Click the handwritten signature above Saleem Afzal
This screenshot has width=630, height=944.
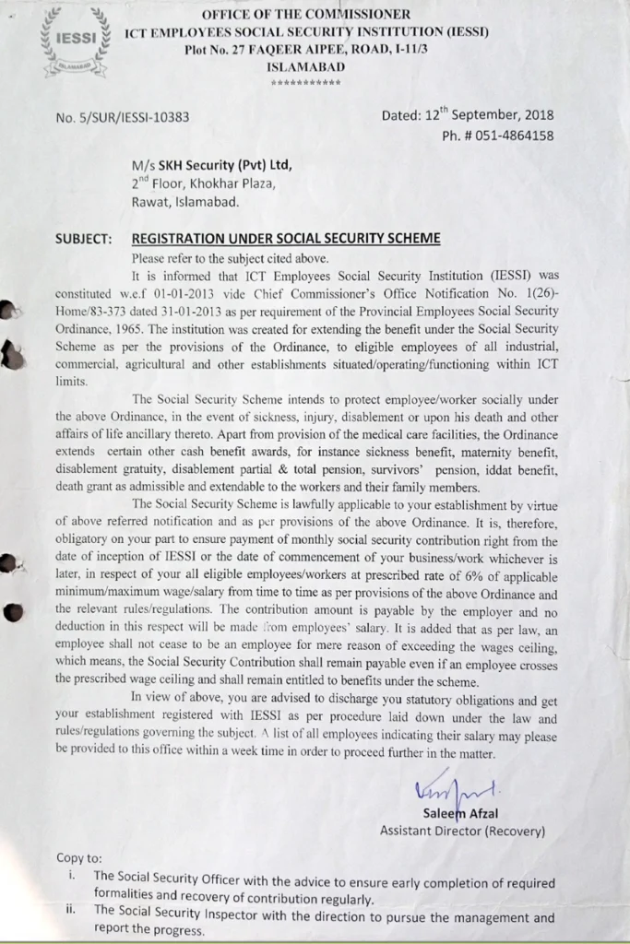[x=456, y=790]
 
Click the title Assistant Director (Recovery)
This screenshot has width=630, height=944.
[x=462, y=831]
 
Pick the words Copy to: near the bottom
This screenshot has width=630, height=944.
[x=79, y=858]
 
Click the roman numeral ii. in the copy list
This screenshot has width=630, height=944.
[x=71, y=908]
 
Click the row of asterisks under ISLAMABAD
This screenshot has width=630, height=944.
[x=306, y=83]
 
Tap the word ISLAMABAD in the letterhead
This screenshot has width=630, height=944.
[x=306, y=67]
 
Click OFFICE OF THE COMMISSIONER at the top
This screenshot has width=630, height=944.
[x=306, y=15]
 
